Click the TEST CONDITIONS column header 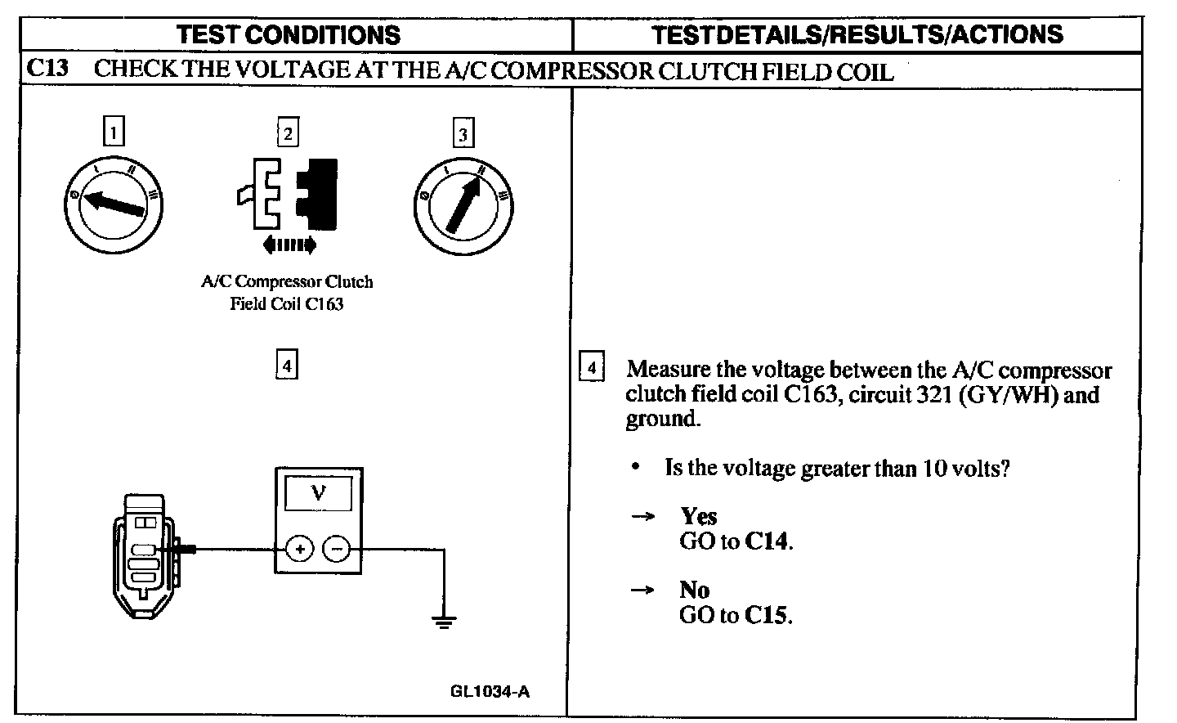coord(289,34)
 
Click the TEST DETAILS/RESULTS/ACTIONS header coord(858,34)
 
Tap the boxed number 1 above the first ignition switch coord(114,132)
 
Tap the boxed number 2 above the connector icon coord(288,132)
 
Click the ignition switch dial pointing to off coord(114,204)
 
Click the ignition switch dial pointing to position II coord(463,204)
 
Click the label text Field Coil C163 coord(286,304)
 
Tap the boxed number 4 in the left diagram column coord(286,365)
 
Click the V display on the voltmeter coord(318,494)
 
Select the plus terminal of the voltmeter coord(300,549)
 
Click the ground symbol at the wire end coord(444,622)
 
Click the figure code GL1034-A coord(490,691)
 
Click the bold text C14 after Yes coord(768,541)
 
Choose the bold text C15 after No coord(768,615)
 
